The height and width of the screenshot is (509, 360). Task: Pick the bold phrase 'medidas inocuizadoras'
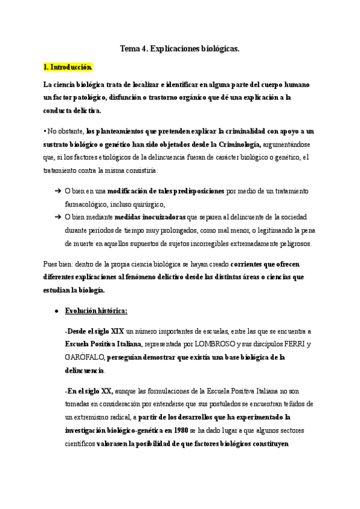pos(150,217)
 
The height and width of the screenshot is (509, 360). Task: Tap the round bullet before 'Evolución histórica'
pos(56,311)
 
